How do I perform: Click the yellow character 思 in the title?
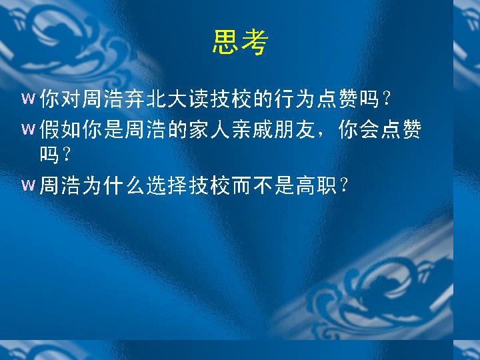click(x=225, y=42)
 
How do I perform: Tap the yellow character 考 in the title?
click(x=255, y=42)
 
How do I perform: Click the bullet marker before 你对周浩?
click(x=28, y=99)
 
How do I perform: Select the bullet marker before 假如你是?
click(x=28, y=129)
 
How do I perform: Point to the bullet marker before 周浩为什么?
click(x=28, y=185)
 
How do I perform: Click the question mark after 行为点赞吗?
click(x=386, y=99)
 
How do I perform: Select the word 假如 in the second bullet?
click(x=60, y=129)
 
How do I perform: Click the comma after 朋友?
click(x=321, y=135)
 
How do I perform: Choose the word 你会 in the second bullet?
click(x=359, y=129)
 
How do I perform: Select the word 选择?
click(x=167, y=185)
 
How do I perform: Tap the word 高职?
click(x=316, y=185)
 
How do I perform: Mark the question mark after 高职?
click(x=344, y=185)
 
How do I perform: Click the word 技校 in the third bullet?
click(x=209, y=185)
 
